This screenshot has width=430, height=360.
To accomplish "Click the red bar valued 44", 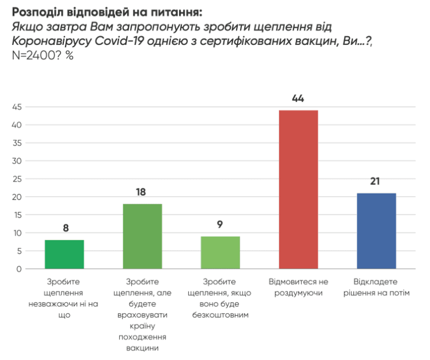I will tap(298, 190).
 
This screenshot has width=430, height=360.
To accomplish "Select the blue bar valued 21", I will tap(376, 231).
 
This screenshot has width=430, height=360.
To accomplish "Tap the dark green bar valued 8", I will tap(64, 254).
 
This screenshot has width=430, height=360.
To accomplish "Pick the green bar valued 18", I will tap(142, 236).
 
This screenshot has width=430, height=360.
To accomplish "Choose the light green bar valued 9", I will tap(220, 252).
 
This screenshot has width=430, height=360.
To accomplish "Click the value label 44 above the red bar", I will tap(298, 99).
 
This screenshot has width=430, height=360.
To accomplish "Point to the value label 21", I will tap(376, 182).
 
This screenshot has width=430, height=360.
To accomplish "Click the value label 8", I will tap(65, 229).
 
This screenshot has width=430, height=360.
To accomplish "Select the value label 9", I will tap(220, 225).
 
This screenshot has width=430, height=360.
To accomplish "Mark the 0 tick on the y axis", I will tap(19, 269).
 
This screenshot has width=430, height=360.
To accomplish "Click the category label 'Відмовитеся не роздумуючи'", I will tap(298, 287).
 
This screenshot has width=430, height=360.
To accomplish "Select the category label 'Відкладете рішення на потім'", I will tap(376, 287).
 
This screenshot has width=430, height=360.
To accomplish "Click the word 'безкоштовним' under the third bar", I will tap(220, 315).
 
